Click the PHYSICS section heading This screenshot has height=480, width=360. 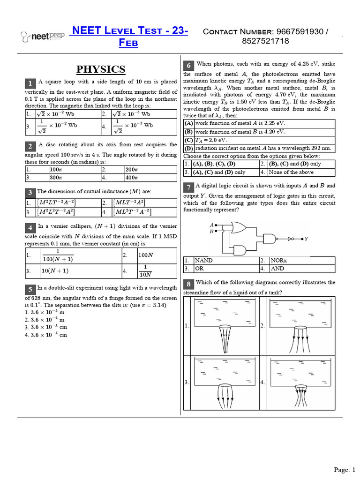pyautogui.click(x=101, y=69)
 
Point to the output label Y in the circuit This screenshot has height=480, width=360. pyautogui.click(x=306, y=239)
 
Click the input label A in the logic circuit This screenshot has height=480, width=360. pyautogui.click(x=211, y=225)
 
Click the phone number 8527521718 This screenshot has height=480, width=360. pyautogui.click(x=266, y=41)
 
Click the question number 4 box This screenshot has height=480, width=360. pyautogui.click(x=30, y=228)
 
